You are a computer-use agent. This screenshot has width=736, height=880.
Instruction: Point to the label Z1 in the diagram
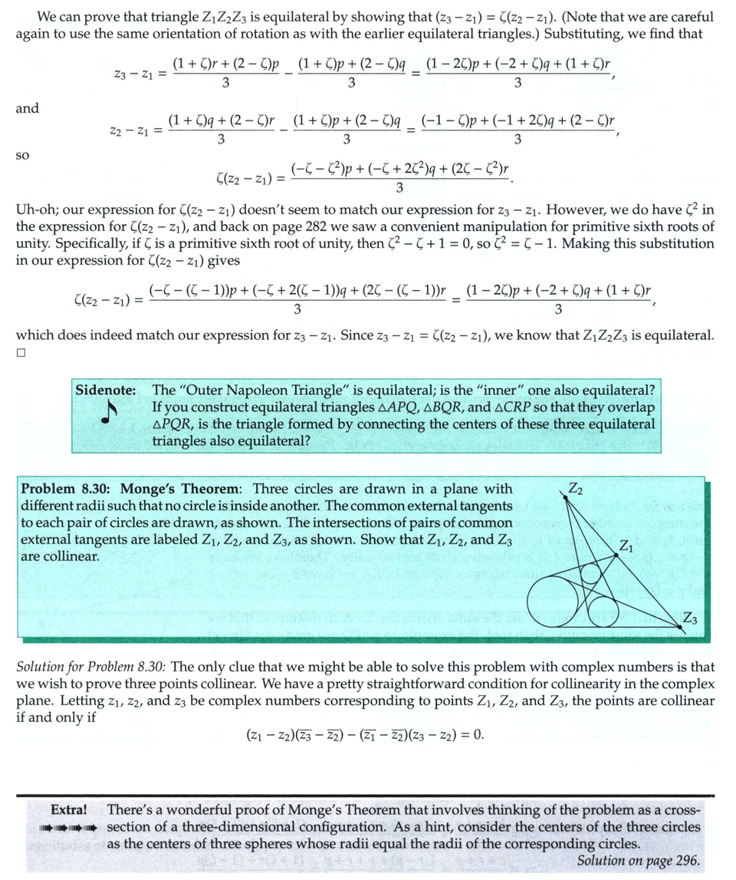(626, 546)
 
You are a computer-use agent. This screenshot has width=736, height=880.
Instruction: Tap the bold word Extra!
(68, 810)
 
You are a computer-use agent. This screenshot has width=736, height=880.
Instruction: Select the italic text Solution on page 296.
(638, 861)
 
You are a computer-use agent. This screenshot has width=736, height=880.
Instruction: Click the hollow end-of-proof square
(21, 354)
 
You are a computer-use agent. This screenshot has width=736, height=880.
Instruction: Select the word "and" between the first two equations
(27, 109)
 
